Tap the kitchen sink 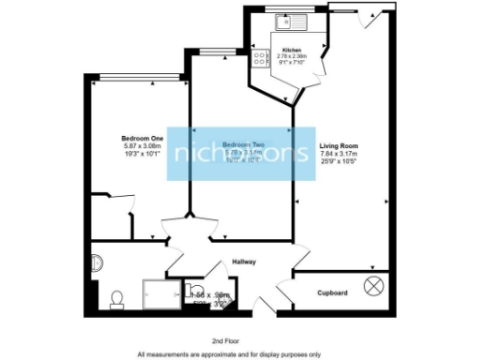(x=284, y=23)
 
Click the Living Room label (x=337, y=146)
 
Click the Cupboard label (x=329, y=293)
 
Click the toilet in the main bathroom (x=117, y=299)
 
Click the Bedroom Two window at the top (x=217, y=51)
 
